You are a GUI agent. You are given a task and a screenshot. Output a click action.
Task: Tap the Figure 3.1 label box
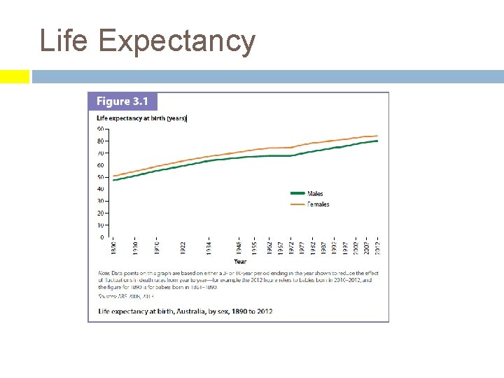point(122,101)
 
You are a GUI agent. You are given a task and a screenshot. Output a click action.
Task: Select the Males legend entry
point(315,194)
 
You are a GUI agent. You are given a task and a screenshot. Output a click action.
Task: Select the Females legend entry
point(318,204)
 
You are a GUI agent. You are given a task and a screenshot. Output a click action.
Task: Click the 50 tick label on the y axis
point(101,177)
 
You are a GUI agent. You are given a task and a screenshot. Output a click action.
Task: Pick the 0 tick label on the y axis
point(102,237)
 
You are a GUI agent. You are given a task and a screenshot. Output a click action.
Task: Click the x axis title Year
point(240,261)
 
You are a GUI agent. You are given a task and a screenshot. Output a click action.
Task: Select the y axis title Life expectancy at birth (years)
point(141,118)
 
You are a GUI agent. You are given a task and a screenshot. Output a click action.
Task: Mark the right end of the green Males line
point(378,141)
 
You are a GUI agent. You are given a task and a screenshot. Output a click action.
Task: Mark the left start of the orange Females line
point(113,176)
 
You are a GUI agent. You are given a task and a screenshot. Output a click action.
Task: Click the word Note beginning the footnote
point(104,272)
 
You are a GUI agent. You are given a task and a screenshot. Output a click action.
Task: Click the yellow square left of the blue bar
point(14,76)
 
